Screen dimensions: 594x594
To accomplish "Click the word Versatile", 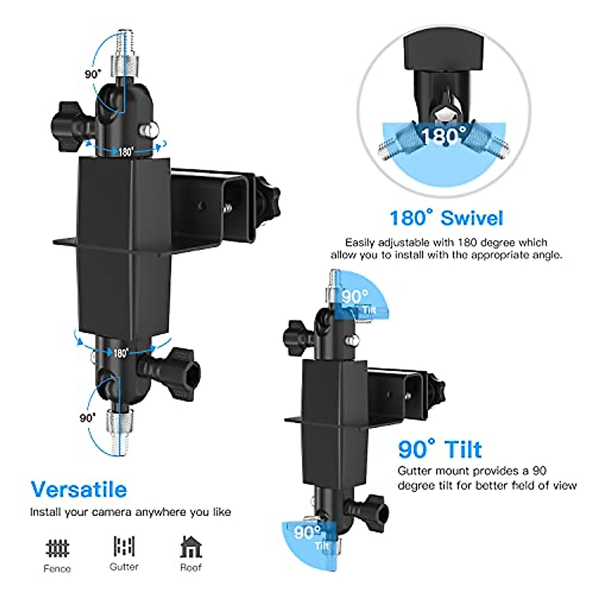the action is tap(79, 489).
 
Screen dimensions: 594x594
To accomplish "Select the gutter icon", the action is tap(124, 546).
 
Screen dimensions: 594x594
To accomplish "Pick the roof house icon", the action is tap(191, 547).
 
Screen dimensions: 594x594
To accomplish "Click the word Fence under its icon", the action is tap(57, 569).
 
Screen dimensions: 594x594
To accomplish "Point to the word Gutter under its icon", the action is tap(124, 567).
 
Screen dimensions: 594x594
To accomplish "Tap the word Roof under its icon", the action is tap(191, 567).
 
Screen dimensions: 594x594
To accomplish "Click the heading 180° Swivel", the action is tap(446, 218).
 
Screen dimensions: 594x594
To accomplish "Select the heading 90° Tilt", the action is tap(440, 449).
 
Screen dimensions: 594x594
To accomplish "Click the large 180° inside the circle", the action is tap(443, 135).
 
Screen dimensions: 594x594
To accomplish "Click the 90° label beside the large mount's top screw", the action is tap(92, 74).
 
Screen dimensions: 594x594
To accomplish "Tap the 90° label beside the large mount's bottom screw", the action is tap(87, 418).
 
